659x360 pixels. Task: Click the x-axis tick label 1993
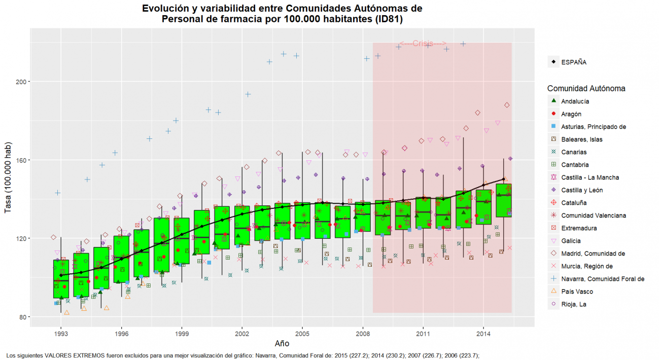tap(61, 334)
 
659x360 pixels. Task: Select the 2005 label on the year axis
tap(302, 334)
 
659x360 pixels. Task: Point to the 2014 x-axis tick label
tap(483, 334)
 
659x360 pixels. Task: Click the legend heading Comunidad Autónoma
tap(586, 89)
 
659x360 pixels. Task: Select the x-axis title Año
tap(282, 344)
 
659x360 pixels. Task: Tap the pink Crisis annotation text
tap(423, 44)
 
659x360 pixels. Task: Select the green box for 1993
tap(61, 279)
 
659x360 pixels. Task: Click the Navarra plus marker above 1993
tap(58, 193)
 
